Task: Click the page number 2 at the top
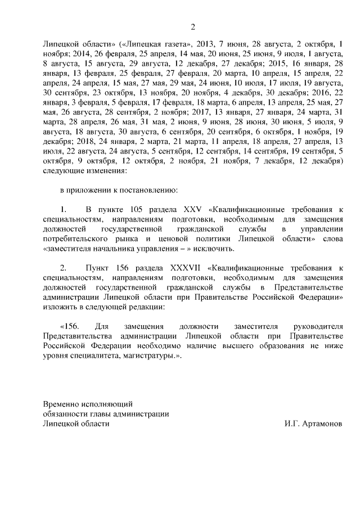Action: point(192,26)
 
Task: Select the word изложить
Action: point(60,307)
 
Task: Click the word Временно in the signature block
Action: point(62,404)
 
